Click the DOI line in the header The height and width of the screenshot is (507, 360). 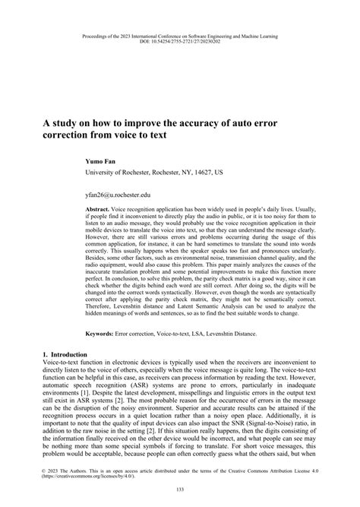[x=179, y=41]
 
